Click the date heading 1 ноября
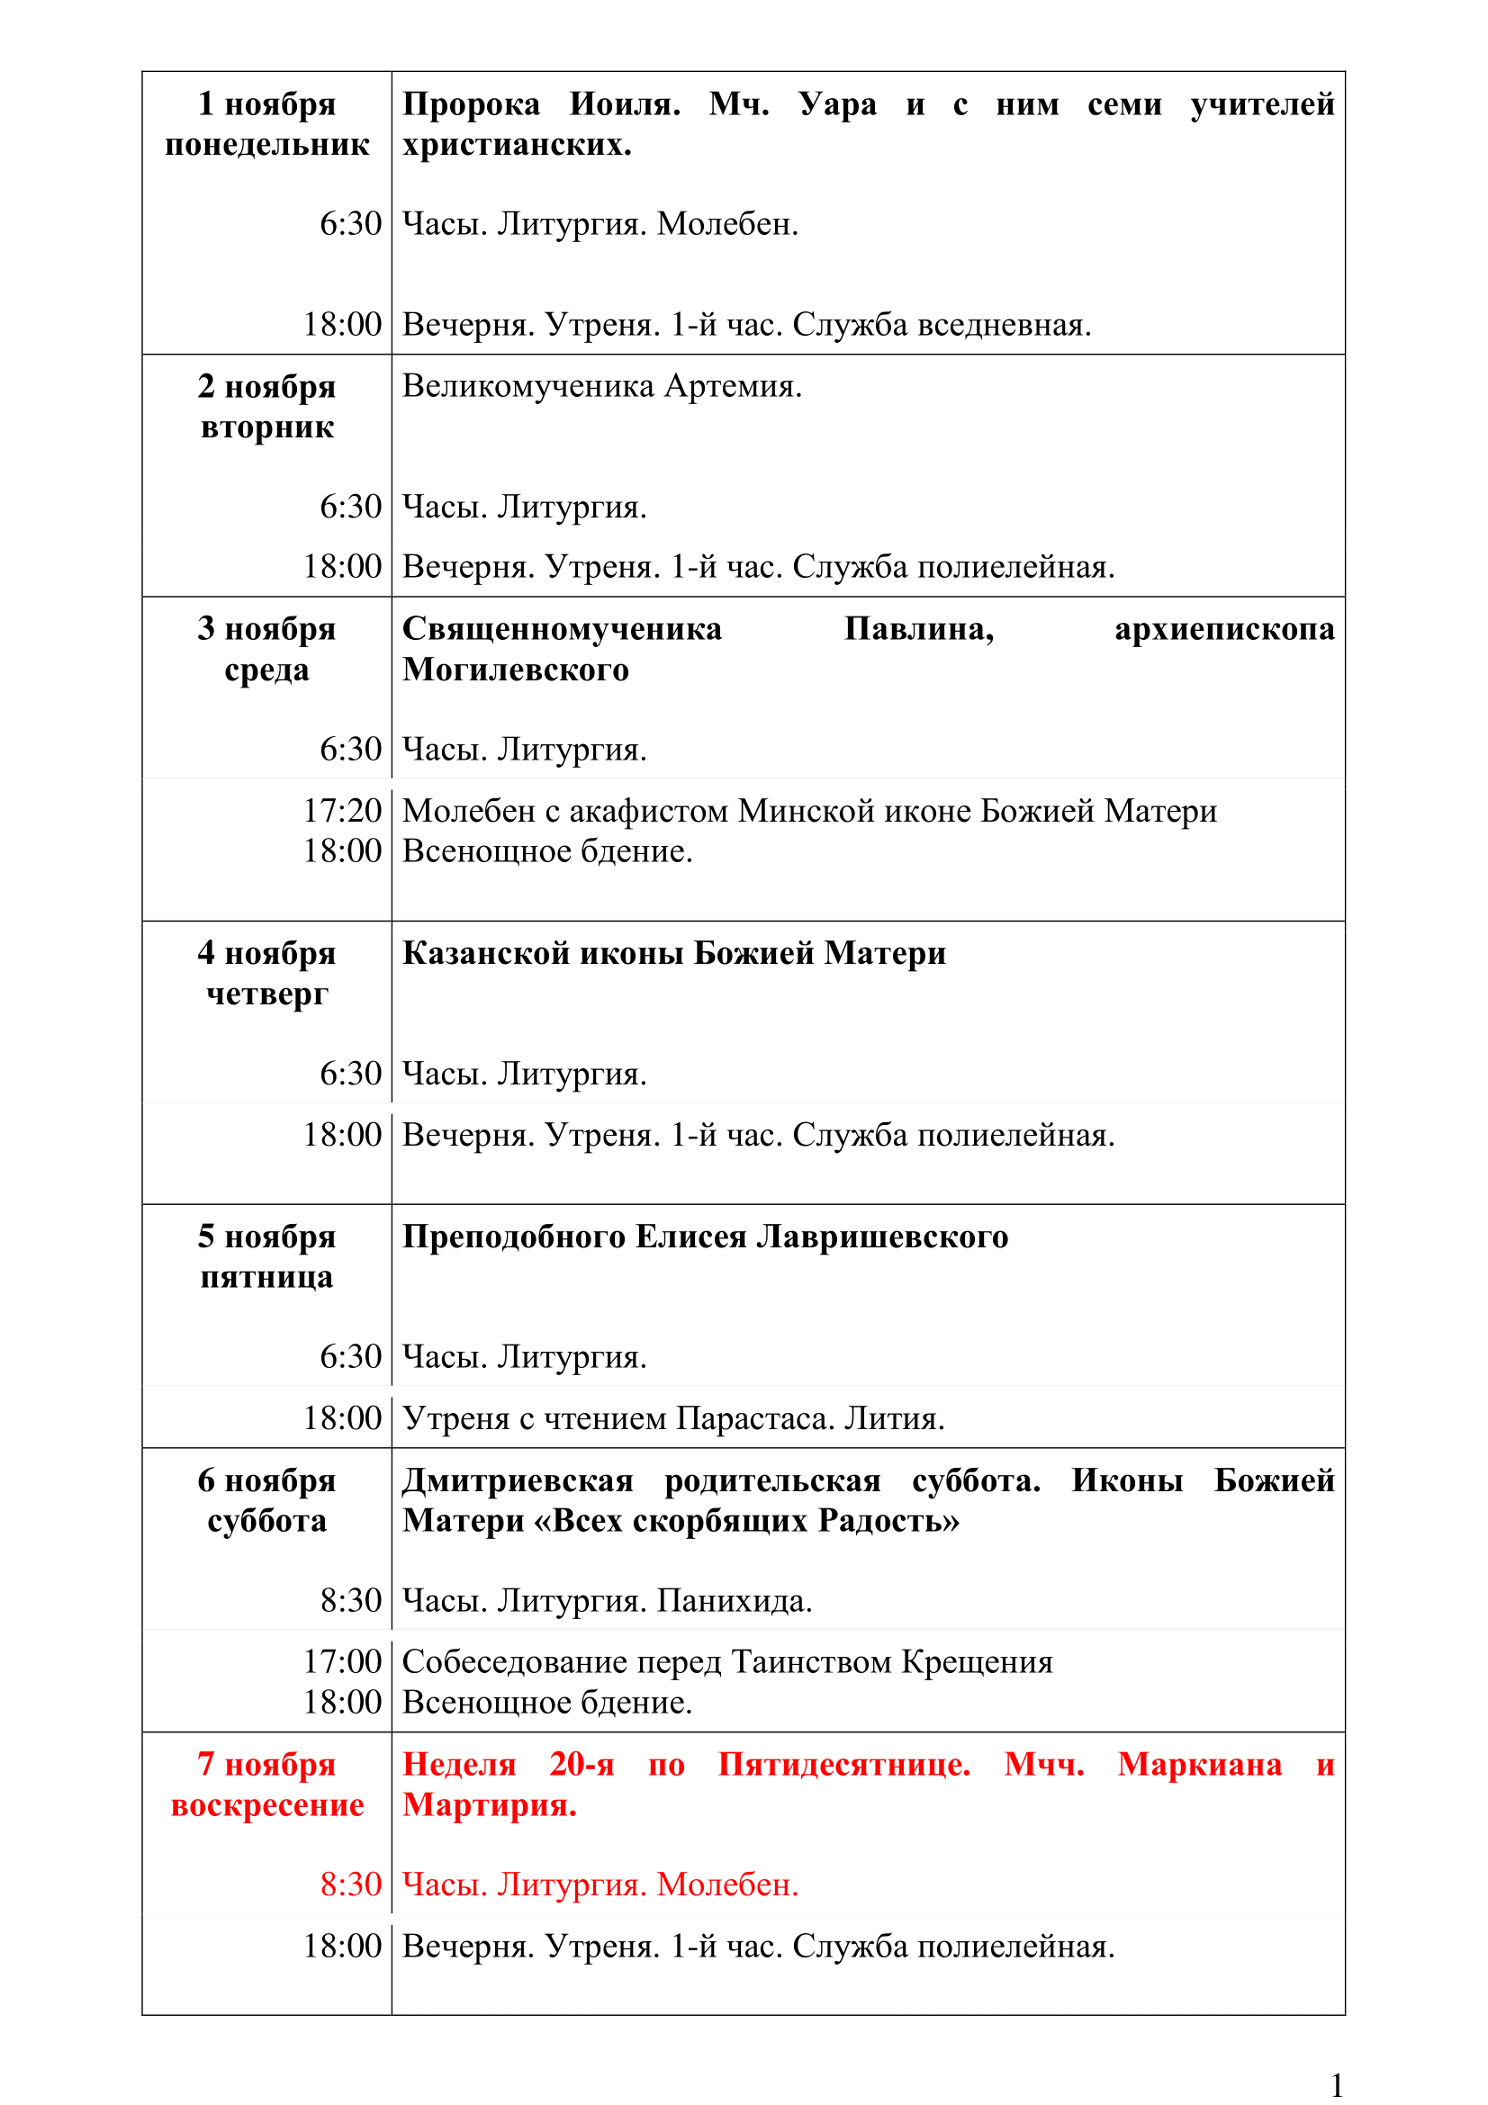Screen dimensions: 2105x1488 tap(266, 104)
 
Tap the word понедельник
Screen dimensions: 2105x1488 tap(266, 145)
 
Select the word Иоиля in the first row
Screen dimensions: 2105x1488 tap(624, 104)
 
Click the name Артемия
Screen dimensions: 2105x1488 tap(733, 386)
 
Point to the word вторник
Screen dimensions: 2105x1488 tap(266, 427)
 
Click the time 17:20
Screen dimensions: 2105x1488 tap(342, 811)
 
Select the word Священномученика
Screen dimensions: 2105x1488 tap(562, 629)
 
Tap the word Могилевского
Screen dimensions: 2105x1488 tap(515, 670)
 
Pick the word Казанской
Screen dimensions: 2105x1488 tap(488, 953)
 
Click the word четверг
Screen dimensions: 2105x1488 tap(266, 994)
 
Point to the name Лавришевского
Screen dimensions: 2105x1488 tap(882, 1237)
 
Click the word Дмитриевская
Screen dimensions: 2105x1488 tap(518, 1480)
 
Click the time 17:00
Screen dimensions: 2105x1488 tap(342, 1661)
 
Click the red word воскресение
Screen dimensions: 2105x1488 tap(266, 1805)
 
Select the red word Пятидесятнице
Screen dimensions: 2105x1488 tap(843, 1765)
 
